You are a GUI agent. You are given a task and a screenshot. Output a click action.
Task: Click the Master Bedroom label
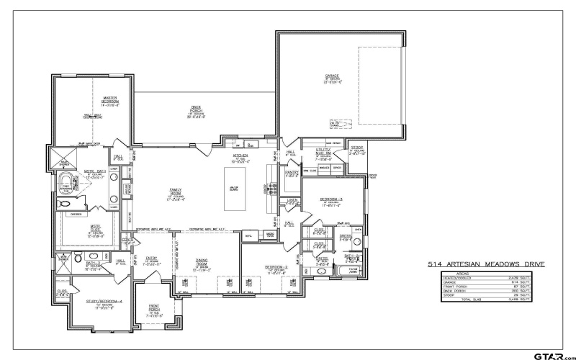109,99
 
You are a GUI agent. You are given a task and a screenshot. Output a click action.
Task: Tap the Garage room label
332,76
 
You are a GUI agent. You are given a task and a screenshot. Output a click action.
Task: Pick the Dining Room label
201,264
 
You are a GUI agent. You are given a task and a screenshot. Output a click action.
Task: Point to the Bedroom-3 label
330,199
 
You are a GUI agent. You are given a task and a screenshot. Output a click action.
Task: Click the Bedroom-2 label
275,268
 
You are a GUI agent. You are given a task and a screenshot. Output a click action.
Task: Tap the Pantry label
292,173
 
